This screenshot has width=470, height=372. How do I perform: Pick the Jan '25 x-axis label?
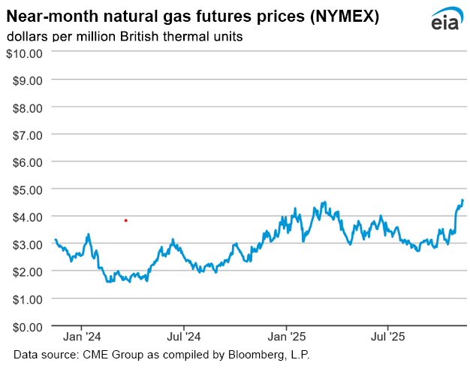tap(287, 337)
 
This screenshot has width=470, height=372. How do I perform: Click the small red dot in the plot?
tap(125, 220)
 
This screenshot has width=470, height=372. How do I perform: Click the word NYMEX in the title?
tap(328, 15)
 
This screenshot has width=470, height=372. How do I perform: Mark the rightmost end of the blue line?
tap(462, 201)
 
